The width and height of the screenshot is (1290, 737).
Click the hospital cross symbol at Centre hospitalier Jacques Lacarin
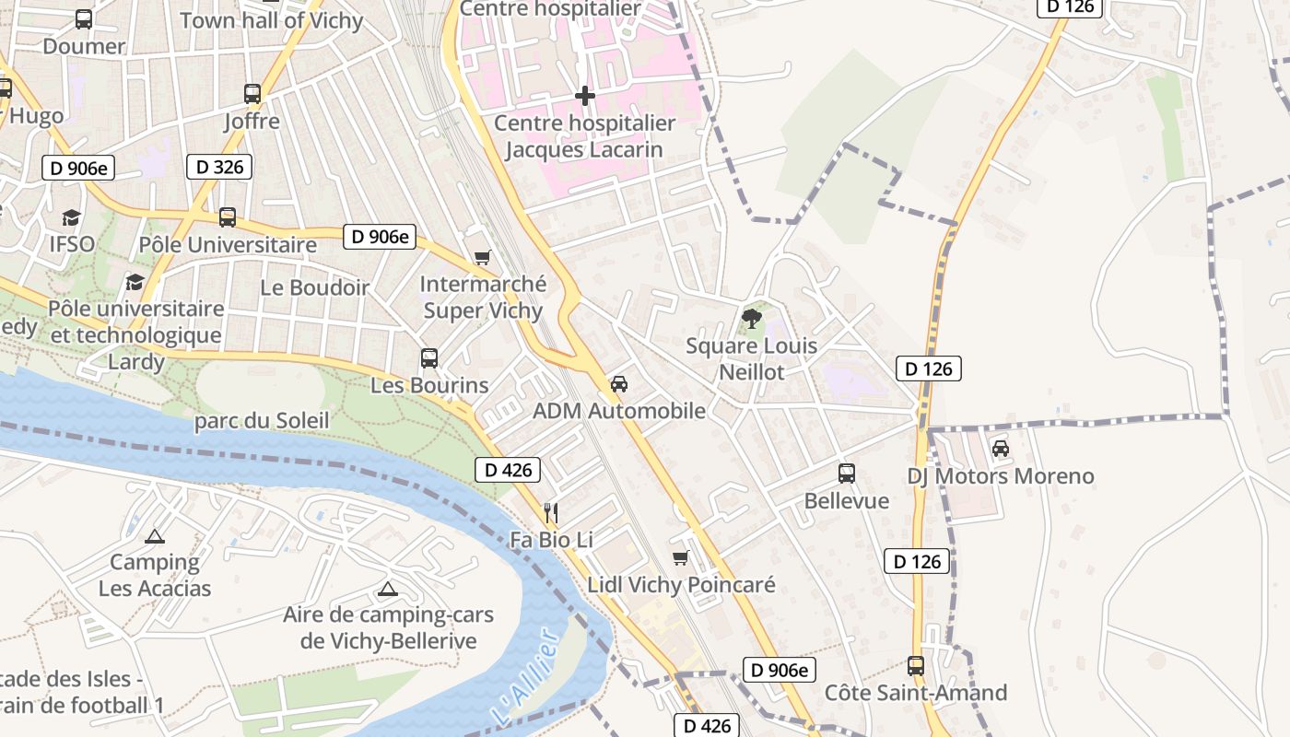(584, 96)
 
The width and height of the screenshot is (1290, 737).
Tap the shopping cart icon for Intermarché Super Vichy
(482, 257)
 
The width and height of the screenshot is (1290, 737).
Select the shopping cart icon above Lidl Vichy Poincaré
(681, 557)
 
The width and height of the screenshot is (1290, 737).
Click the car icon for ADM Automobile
(619, 384)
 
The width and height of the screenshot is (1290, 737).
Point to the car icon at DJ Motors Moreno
(1001, 449)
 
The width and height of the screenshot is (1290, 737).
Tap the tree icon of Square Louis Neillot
(752, 319)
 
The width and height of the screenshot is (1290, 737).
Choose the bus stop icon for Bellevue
(847, 474)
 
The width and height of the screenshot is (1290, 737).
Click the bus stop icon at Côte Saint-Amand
(915, 665)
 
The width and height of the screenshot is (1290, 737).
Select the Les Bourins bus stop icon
(429, 357)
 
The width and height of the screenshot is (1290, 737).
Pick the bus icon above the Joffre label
(252, 93)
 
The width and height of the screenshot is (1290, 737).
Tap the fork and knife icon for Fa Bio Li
(551, 512)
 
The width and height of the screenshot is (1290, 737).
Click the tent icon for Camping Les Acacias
(155, 535)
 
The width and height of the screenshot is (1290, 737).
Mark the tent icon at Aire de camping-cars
(388, 589)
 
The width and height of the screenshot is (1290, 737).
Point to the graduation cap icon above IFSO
(71, 217)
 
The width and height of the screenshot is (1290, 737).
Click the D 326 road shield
(219, 167)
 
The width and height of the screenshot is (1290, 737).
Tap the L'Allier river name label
(525, 677)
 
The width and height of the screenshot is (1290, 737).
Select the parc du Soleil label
(262, 421)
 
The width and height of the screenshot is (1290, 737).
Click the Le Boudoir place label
(314, 287)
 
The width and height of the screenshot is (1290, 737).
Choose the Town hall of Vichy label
(272, 20)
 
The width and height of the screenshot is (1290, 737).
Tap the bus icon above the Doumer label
(83, 18)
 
